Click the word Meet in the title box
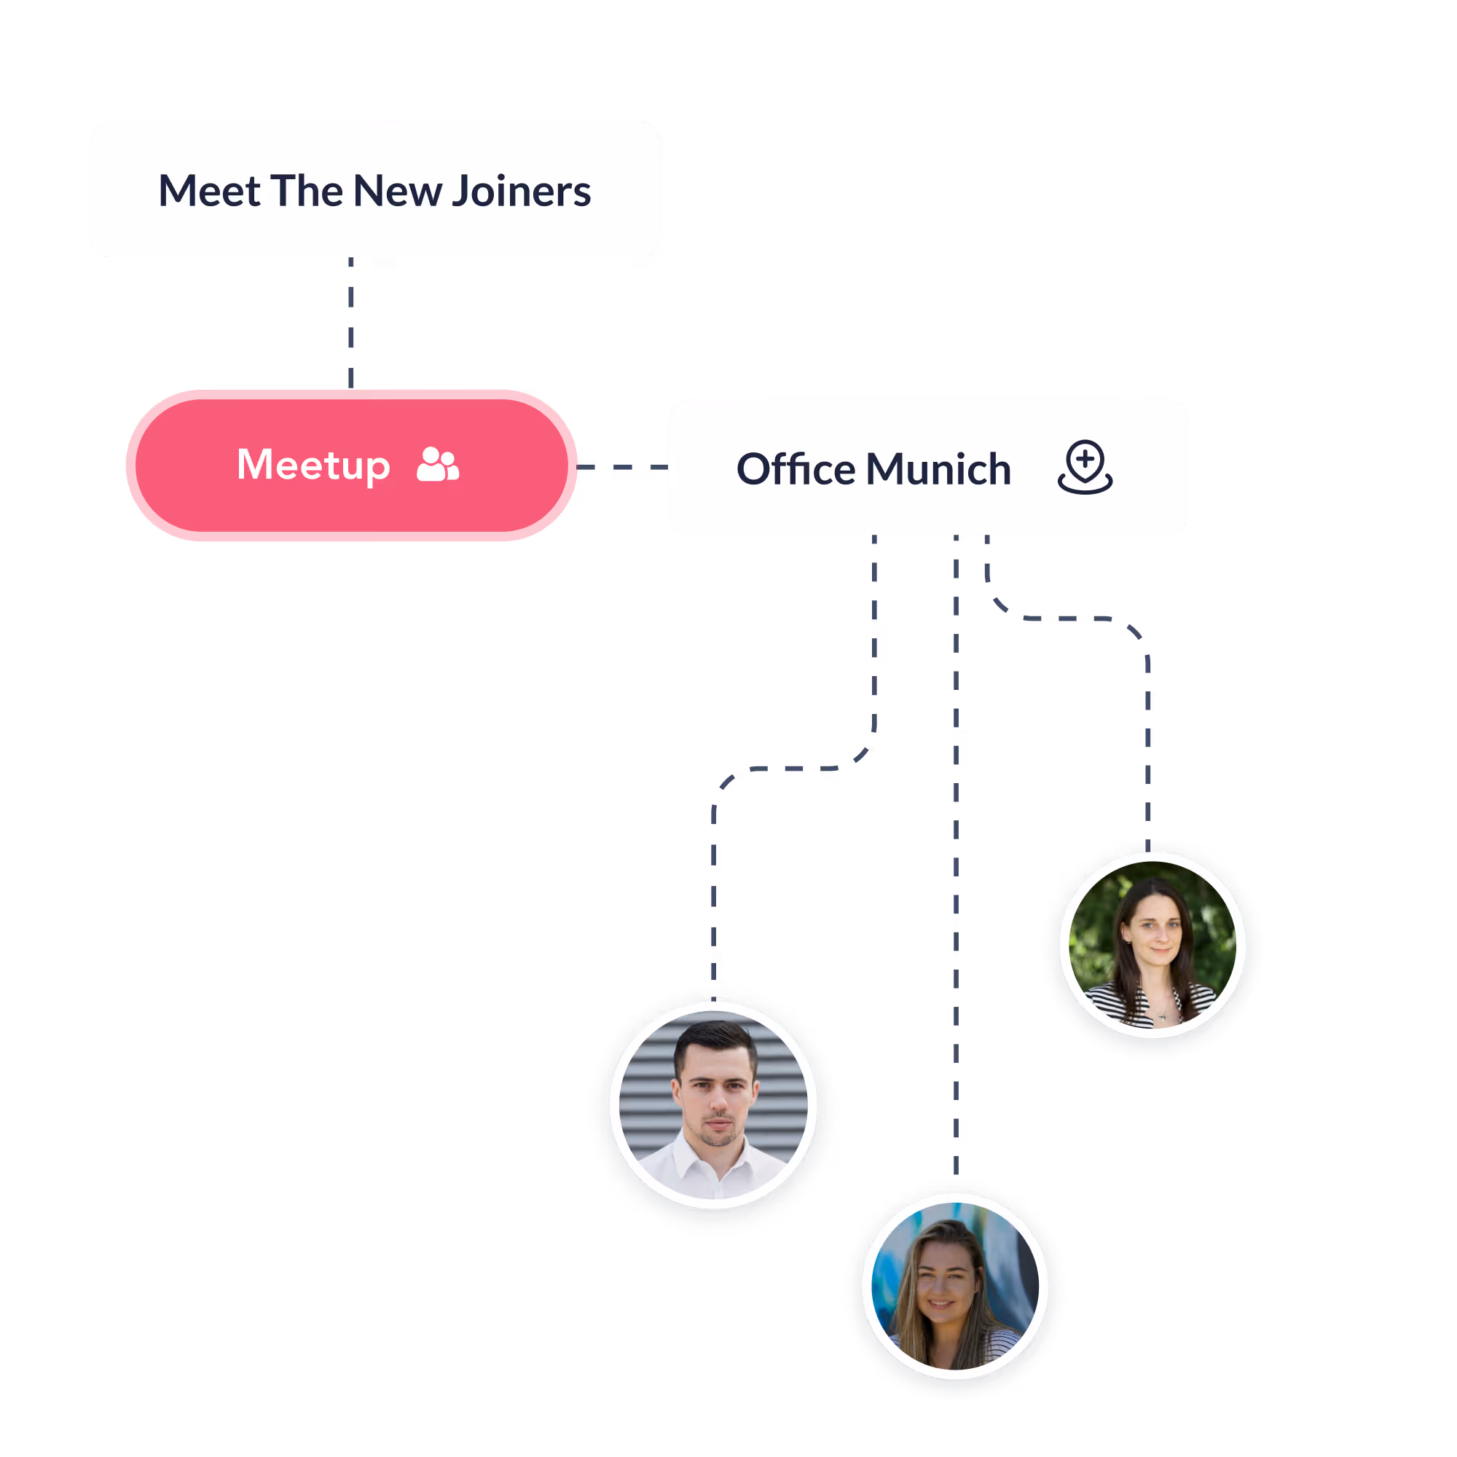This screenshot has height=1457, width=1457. point(209,191)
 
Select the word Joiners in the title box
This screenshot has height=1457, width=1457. point(521,191)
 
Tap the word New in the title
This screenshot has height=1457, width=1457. point(398,191)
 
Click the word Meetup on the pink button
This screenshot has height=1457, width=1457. point(313,465)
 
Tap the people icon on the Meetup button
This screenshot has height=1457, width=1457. point(437,465)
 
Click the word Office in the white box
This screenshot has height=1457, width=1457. point(796,468)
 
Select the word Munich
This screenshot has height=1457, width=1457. point(938,468)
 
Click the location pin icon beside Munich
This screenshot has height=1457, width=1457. point(1085,467)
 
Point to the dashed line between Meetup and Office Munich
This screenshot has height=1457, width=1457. point(622,467)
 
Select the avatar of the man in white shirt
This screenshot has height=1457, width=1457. point(712,1105)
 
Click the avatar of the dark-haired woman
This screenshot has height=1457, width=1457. point(1152,944)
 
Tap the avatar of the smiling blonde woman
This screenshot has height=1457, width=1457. point(955,1286)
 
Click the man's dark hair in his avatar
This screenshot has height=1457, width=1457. point(712,1041)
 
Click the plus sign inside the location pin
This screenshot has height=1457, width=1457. point(1085,457)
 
